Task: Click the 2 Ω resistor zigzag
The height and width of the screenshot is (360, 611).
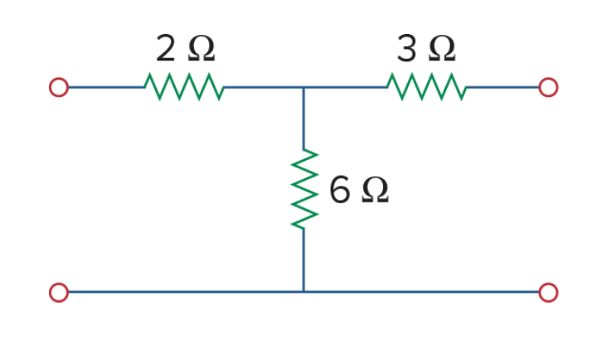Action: [184, 87]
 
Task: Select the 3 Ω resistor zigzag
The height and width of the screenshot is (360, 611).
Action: [427, 87]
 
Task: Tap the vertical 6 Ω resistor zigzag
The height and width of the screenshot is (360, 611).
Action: [304, 189]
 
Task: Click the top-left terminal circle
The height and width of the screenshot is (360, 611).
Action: [59, 87]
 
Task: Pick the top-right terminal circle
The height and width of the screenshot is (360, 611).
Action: [548, 87]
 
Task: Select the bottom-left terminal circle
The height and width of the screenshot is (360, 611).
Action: [59, 292]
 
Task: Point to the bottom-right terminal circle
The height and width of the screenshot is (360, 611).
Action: [548, 292]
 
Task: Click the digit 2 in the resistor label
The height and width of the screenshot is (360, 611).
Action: [165, 48]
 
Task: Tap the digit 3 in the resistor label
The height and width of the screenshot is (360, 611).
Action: [406, 48]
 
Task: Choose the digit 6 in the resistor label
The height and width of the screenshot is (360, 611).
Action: [339, 190]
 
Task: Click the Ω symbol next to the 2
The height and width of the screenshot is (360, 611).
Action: [201, 49]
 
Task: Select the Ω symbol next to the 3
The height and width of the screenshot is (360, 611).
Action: [442, 49]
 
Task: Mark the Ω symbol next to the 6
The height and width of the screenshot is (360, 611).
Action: [375, 190]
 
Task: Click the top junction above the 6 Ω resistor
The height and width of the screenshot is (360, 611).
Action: [303, 87]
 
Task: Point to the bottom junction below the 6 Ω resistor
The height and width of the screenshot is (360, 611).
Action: [303, 292]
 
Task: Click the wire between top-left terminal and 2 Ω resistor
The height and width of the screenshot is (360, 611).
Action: [106, 87]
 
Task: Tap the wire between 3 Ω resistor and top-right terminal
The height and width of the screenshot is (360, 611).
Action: [502, 87]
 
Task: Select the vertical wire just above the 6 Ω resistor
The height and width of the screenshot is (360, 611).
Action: [303, 119]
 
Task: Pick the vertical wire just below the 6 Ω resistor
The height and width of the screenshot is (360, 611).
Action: [303, 260]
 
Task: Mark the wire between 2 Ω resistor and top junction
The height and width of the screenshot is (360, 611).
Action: [264, 87]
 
